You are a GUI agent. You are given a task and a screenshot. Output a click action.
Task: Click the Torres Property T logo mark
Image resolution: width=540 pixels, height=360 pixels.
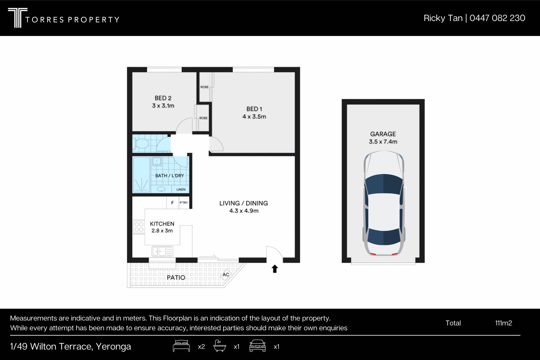point(17,18)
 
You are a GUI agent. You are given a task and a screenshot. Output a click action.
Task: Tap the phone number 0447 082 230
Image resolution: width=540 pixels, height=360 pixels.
point(497,18)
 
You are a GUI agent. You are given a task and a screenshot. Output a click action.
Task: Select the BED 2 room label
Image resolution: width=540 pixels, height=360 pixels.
point(163,98)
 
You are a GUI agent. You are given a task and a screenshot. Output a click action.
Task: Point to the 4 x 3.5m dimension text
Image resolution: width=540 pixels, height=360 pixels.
point(254,117)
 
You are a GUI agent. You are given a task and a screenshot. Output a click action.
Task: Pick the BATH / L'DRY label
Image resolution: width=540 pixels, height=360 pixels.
point(170,175)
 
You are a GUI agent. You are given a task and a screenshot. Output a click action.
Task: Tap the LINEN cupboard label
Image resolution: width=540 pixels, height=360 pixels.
point(181,190)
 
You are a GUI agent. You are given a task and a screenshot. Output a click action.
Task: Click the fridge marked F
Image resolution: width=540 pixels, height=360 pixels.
point(172,202)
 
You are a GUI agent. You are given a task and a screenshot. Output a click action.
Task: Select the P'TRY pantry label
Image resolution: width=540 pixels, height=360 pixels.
point(184,202)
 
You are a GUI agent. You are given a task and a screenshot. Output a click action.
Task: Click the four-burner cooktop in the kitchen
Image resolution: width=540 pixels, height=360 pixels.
point(139,227)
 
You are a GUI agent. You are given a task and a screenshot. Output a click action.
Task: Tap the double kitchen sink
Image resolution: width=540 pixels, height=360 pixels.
point(162,251)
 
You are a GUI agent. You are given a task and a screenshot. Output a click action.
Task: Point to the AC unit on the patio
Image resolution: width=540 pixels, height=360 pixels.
point(226,274)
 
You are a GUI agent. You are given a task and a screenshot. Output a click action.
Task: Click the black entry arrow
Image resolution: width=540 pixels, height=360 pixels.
point(275,269)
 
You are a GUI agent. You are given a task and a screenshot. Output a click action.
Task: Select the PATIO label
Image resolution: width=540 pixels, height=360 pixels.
point(176,278)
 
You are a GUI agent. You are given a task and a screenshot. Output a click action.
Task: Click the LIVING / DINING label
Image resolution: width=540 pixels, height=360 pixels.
point(244,203)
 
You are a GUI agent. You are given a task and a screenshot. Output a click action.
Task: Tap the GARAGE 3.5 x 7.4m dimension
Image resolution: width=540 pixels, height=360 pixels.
point(383,142)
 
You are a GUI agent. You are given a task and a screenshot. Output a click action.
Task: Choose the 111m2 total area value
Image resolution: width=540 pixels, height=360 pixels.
point(503,323)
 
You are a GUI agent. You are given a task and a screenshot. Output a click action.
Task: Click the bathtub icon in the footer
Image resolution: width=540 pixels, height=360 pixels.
point(220,346)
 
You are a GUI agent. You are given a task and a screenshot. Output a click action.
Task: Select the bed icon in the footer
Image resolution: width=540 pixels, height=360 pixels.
point(181,346)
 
